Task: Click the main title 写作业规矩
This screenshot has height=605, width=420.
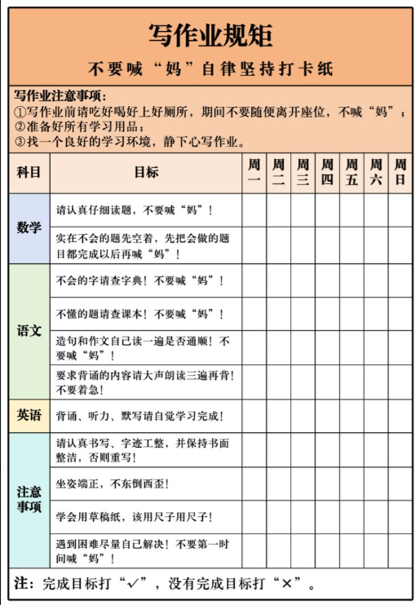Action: coord(210,34)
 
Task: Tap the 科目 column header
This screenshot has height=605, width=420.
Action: coord(29,173)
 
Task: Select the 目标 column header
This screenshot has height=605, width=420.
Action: coord(146,173)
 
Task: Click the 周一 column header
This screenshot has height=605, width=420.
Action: coord(254,173)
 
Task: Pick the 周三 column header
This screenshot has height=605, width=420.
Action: coord(303,173)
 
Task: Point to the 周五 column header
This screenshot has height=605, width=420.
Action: coord(351,173)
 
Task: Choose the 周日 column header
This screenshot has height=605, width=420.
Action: coord(400,173)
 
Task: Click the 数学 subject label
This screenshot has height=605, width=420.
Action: coord(29,228)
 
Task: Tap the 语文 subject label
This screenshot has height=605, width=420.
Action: coord(29,331)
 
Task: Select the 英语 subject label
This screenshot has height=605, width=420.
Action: coord(29,416)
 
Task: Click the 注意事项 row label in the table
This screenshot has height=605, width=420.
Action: coord(29,500)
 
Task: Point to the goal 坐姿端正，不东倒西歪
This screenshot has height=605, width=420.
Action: coord(113,484)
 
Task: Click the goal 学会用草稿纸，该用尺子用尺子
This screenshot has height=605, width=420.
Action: coord(134,517)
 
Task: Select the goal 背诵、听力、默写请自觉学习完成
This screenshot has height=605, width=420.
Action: coord(139,416)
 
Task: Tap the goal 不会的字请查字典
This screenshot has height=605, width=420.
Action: coord(139,280)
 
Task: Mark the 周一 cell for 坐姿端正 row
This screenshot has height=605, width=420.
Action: coord(254,484)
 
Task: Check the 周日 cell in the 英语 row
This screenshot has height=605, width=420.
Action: coord(400,416)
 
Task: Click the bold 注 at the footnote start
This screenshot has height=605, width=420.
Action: coord(24,584)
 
